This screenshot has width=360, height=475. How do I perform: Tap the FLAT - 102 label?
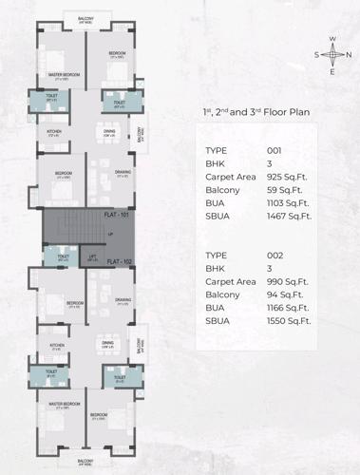120,260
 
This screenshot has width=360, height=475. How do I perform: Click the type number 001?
276,151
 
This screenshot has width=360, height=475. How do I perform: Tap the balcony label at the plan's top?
85,18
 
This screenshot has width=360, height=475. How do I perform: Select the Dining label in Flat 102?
107,342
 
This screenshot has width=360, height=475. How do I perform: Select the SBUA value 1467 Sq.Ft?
290,218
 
